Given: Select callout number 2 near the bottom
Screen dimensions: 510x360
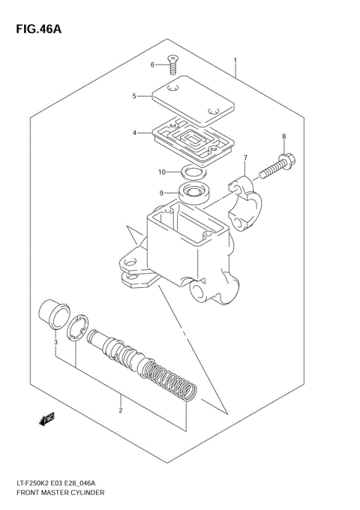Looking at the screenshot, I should (x=120, y=410).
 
